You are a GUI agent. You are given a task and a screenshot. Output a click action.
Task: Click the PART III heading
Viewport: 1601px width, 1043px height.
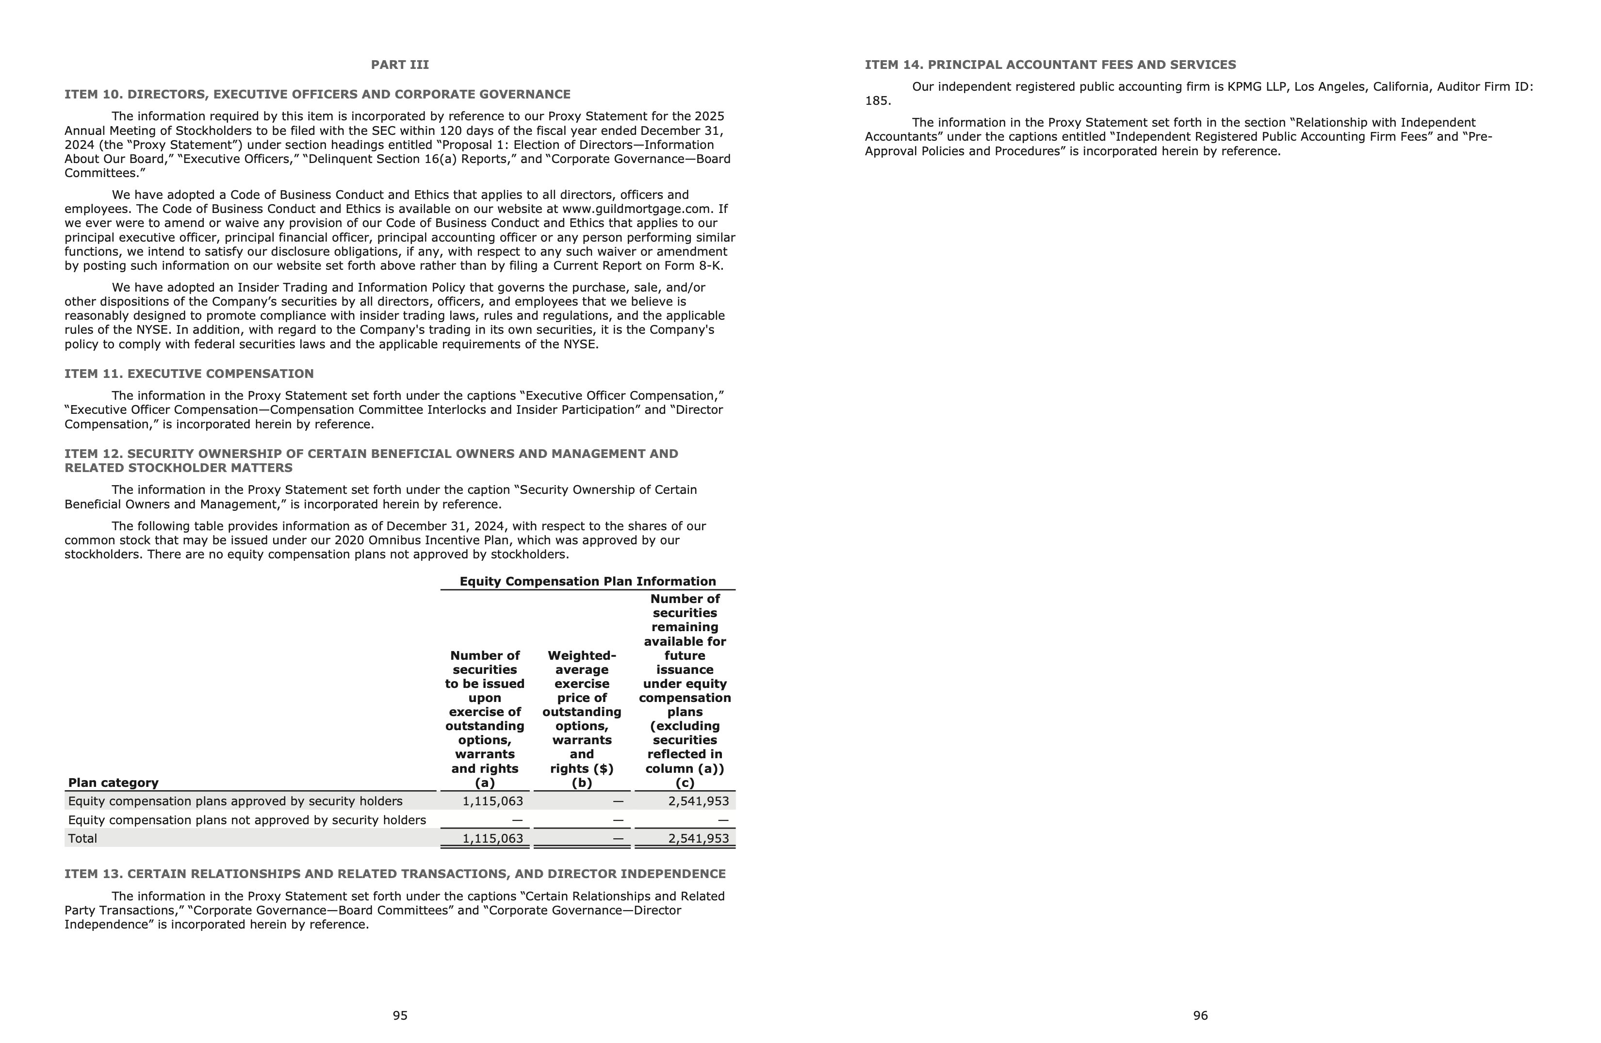coord(400,65)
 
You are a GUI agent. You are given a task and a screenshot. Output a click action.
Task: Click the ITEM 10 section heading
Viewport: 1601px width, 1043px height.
coord(317,94)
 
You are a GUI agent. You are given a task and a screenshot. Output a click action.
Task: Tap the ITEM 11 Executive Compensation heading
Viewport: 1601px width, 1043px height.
coord(189,373)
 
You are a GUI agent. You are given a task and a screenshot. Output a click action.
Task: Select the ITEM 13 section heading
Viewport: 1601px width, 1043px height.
coord(395,874)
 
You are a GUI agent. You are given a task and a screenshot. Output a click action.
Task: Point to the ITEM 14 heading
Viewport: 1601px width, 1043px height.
coord(1050,65)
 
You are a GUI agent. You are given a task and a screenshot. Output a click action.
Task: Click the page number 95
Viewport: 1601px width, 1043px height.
coord(400,1015)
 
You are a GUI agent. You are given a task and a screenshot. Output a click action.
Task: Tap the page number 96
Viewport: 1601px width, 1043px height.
coord(1200,1015)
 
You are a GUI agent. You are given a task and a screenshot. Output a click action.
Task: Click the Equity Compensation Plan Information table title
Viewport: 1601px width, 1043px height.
coord(587,581)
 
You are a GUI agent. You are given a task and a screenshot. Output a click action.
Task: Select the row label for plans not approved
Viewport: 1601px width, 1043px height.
coord(247,820)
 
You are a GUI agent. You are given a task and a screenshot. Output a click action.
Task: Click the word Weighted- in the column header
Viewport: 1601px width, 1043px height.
coord(581,655)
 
